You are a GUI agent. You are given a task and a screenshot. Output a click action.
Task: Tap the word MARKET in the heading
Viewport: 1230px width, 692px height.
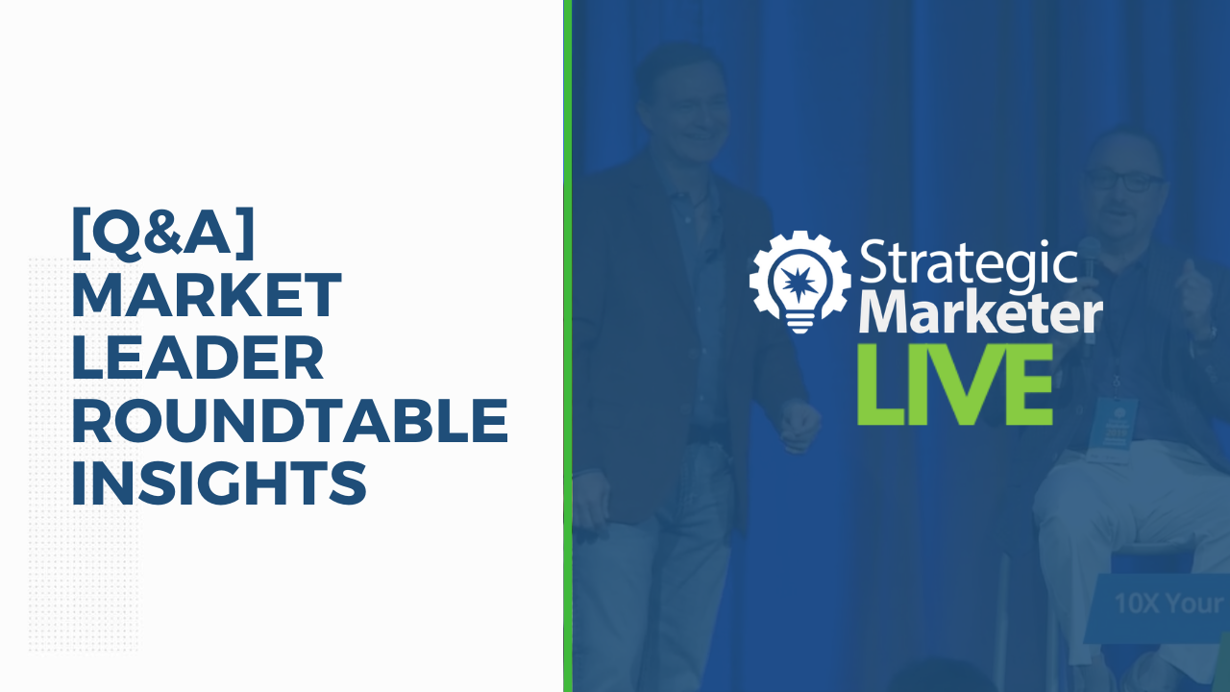point(207,294)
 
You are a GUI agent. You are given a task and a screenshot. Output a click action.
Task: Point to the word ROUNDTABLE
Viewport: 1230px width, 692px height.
point(290,420)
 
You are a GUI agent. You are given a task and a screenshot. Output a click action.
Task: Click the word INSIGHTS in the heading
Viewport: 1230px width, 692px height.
point(219,482)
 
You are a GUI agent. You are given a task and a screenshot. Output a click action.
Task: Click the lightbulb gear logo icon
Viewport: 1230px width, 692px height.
point(800,282)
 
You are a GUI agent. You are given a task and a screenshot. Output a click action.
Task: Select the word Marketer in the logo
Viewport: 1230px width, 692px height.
point(981,313)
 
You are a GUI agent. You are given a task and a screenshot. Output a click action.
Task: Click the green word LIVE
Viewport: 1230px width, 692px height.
point(954,384)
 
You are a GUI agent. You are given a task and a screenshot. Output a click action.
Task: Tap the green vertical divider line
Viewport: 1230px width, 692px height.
point(568,346)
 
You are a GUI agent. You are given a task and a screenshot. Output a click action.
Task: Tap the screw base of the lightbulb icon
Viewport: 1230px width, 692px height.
point(800,321)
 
